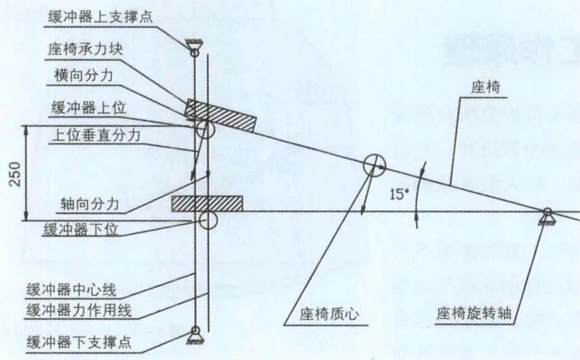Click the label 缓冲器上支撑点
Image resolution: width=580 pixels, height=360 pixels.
(100, 17)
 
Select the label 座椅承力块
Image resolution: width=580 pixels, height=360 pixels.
(86, 49)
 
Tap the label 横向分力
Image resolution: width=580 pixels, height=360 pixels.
(83, 75)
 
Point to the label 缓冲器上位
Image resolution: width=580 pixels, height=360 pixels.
(89, 108)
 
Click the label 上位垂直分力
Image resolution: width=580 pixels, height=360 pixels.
(96, 135)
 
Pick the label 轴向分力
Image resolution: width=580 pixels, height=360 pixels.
(89, 204)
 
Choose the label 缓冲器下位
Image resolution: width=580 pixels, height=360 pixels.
(81, 229)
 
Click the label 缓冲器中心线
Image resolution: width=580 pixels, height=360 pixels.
(71, 290)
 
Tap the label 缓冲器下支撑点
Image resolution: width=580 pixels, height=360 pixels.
(79, 342)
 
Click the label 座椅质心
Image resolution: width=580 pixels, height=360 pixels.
(329, 314)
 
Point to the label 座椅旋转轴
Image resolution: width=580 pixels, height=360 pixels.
(473, 313)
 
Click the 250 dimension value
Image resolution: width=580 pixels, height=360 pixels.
(15, 174)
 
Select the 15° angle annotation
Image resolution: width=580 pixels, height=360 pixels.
(398, 194)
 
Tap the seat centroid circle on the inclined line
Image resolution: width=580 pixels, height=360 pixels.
(374, 166)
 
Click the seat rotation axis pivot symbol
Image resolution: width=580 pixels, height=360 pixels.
(547, 217)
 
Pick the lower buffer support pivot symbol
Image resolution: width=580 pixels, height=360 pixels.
(195, 335)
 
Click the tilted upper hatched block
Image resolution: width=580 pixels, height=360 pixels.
(220, 116)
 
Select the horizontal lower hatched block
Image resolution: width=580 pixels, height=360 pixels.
(207, 204)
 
